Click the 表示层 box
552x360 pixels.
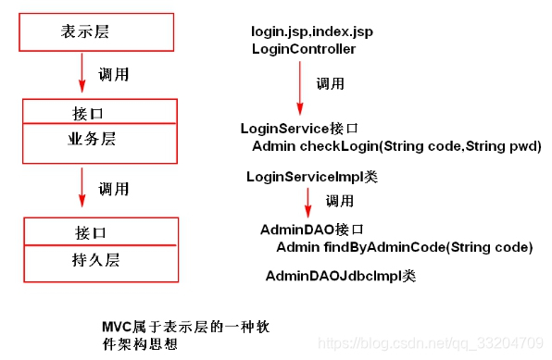pos(96,31)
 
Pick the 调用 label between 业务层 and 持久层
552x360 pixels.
pos(113,189)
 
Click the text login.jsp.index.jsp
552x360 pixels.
pos(311,32)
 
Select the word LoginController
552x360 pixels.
pos(303,49)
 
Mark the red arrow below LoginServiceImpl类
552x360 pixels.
pos(307,205)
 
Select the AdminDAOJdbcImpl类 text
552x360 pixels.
pos(340,276)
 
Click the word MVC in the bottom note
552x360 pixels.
pos(118,328)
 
